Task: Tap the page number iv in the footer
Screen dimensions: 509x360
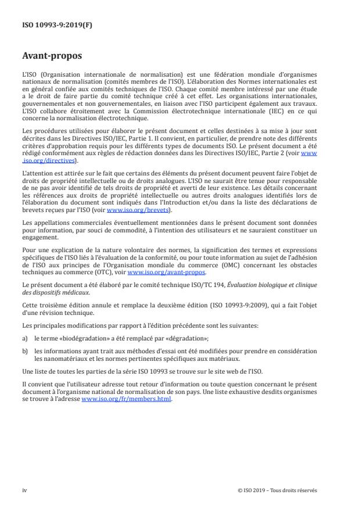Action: pyautogui.click(x=24, y=490)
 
